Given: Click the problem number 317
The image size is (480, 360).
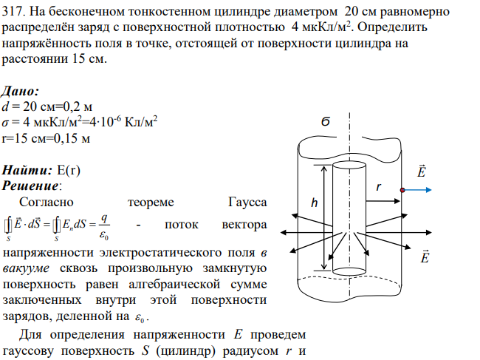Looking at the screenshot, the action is (x=13, y=12).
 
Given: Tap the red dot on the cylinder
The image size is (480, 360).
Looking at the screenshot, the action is (x=402, y=190).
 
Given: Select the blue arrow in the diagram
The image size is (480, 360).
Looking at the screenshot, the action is (x=417, y=190).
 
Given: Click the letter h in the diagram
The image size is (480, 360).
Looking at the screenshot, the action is (x=314, y=203).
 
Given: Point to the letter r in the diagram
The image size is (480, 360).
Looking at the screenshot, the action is (x=379, y=186).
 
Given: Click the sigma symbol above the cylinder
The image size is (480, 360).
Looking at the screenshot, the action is (x=326, y=122).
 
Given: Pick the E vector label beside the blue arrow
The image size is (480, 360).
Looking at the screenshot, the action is (x=421, y=171).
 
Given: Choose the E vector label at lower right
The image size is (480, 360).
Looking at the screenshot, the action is (x=425, y=257).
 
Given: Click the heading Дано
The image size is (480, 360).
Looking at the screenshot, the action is (x=21, y=92).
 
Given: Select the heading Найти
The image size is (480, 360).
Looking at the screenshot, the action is (x=27, y=170).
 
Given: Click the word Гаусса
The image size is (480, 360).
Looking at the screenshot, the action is (x=247, y=203).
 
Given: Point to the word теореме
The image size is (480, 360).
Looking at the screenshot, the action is (x=151, y=203).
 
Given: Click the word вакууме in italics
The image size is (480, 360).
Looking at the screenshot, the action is (x=26, y=268).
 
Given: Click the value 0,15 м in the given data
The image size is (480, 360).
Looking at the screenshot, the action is (x=72, y=138).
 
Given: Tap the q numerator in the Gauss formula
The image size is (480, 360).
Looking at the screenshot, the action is (x=104, y=219).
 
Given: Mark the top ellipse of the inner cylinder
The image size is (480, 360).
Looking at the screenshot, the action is (x=349, y=166).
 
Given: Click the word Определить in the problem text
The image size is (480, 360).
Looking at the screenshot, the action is (x=392, y=27).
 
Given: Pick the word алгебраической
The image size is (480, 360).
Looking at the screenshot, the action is (x=174, y=285).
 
